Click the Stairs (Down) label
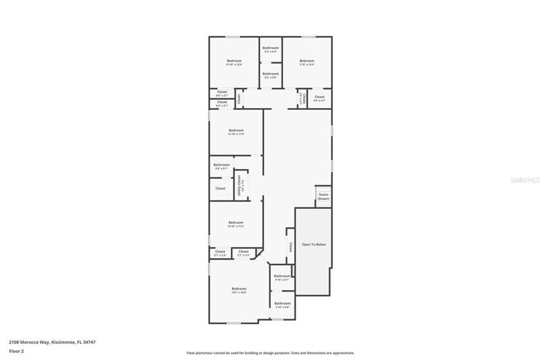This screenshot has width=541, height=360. pos(323,197)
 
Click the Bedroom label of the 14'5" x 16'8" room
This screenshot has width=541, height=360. pos(239,289)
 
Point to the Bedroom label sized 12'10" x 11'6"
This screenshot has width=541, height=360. pos(236,130)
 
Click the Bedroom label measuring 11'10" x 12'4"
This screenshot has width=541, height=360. pos(233,61)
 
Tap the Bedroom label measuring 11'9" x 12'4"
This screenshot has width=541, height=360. pos(307,61)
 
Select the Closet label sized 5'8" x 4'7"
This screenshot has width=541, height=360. pos(319,97)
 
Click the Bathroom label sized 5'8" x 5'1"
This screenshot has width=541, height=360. pos(222,164)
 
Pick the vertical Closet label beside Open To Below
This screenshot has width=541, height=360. pos(291,247)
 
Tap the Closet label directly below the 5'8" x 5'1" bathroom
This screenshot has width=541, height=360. pos(220,188)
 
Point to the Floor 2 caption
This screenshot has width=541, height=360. pos(16,351)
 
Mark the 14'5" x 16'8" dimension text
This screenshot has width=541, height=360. pos(239,292)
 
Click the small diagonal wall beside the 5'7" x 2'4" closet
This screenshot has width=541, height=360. pos(260,253)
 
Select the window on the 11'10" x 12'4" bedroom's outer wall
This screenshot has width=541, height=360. pos(233,37)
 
